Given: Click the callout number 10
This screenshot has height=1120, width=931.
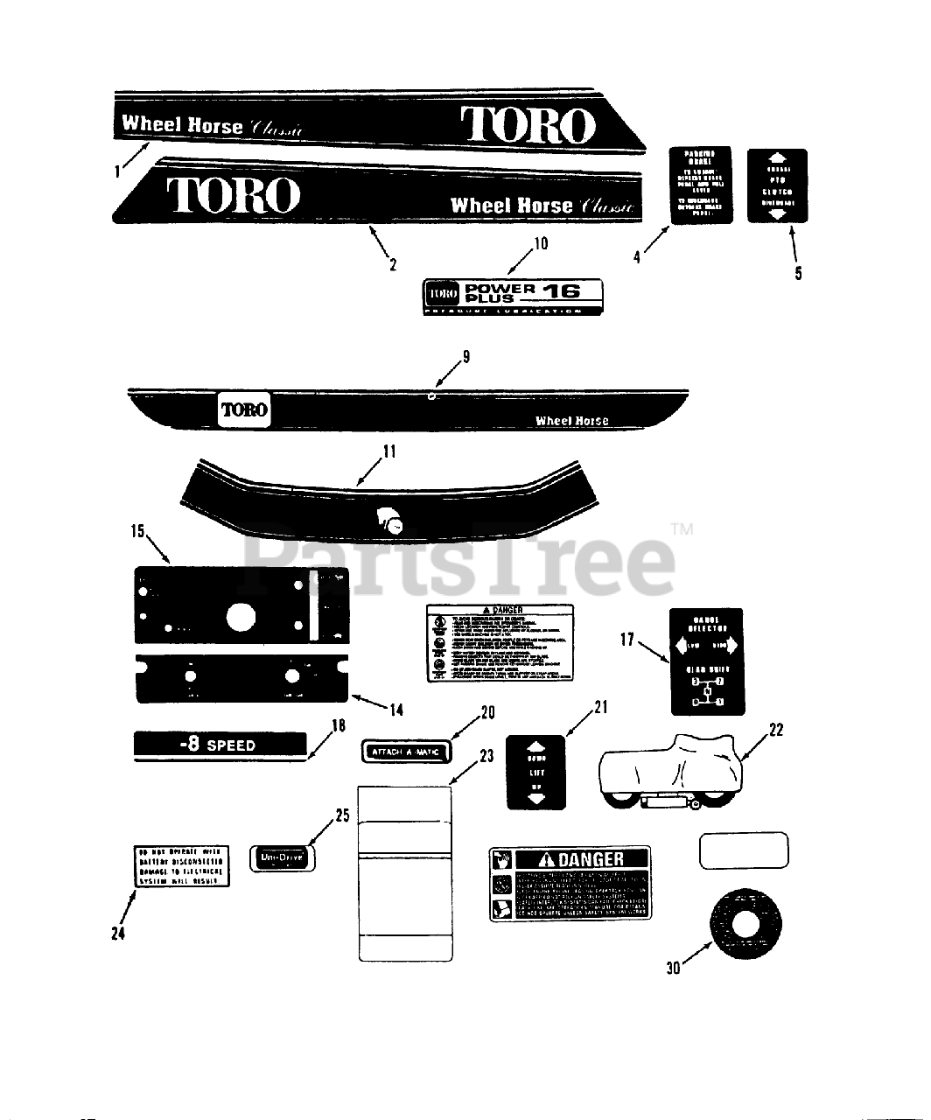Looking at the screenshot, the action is [x=541, y=243].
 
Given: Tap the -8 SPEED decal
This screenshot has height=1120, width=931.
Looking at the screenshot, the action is [x=220, y=745].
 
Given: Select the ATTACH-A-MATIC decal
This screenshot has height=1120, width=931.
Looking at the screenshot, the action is [x=405, y=752].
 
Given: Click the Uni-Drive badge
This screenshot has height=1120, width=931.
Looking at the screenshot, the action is [x=282, y=858].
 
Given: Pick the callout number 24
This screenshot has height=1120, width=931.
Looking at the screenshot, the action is [x=118, y=934].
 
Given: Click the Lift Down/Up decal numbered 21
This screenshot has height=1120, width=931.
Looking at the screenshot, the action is [x=535, y=773].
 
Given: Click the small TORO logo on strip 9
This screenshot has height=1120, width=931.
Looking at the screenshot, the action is [x=244, y=409].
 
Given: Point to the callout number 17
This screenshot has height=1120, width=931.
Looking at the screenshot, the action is [x=626, y=640].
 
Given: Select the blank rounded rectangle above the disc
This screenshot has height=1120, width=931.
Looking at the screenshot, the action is [x=744, y=850].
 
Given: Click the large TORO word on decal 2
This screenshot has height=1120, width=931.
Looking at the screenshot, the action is [x=234, y=195].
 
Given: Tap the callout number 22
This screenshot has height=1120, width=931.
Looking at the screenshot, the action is [x=775, y=729].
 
